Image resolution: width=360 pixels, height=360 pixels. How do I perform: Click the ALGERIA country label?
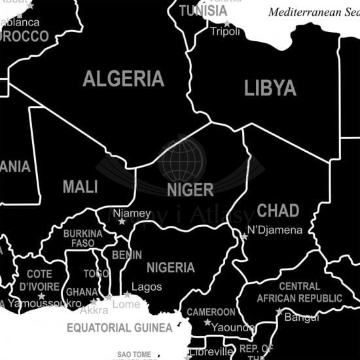[123, 79]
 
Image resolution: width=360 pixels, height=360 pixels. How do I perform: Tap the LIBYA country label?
[270, 88]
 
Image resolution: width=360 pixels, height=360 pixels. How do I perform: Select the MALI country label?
[80, 187]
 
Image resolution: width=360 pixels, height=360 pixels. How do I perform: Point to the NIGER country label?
[190, 190]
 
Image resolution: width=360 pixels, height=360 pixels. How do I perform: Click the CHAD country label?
[278, 211]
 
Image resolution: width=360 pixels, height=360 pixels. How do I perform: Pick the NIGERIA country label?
[170, 268]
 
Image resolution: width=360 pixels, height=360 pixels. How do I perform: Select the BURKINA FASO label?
[83, 238]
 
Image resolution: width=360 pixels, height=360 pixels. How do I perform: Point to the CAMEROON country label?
[211, 312]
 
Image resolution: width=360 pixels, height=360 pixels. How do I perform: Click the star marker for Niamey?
[121, 222]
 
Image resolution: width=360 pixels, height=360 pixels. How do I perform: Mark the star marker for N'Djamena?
[244, 237]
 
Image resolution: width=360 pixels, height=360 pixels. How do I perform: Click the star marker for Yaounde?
[207, 322]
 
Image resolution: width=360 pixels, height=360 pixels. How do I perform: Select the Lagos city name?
[147, 287]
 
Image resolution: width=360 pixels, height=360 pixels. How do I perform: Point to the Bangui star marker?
[279, 312]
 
